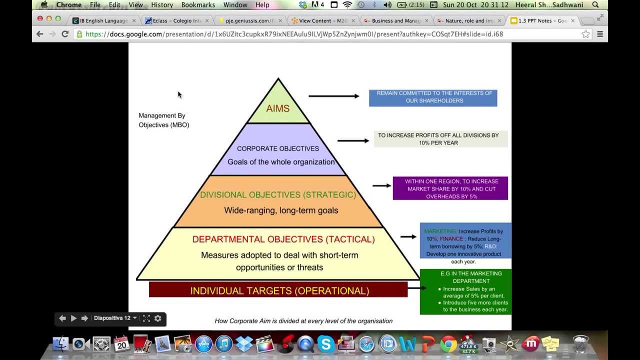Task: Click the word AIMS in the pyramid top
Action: (x=277, y=108)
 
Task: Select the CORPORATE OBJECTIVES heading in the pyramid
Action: (x=277, y=148)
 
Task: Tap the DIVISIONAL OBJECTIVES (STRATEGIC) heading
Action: (x=278, y=194)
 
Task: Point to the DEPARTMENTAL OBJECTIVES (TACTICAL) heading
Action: (x=283, y=239)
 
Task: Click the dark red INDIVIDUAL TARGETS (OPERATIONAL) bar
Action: (x=278, y=290)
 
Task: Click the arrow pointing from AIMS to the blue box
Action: (x=333, y=96)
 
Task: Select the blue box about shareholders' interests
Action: (x=432, y=97)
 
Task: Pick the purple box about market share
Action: (x=450, y=188)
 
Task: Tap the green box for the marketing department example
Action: (x=465, y=292)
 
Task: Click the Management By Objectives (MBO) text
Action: (x=163, y=120)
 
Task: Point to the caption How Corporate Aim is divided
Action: (x=303, y=321)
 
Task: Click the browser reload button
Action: (x=65, y=34)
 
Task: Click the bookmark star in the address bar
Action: (x=585, y=34)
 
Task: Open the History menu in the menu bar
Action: (x=161, y=5)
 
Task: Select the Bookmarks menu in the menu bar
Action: (x=198, y=5)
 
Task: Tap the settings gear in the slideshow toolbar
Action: (x=158, y=318)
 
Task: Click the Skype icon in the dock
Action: (x=325, y=344)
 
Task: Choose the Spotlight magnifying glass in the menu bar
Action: (x=595, y=5)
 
